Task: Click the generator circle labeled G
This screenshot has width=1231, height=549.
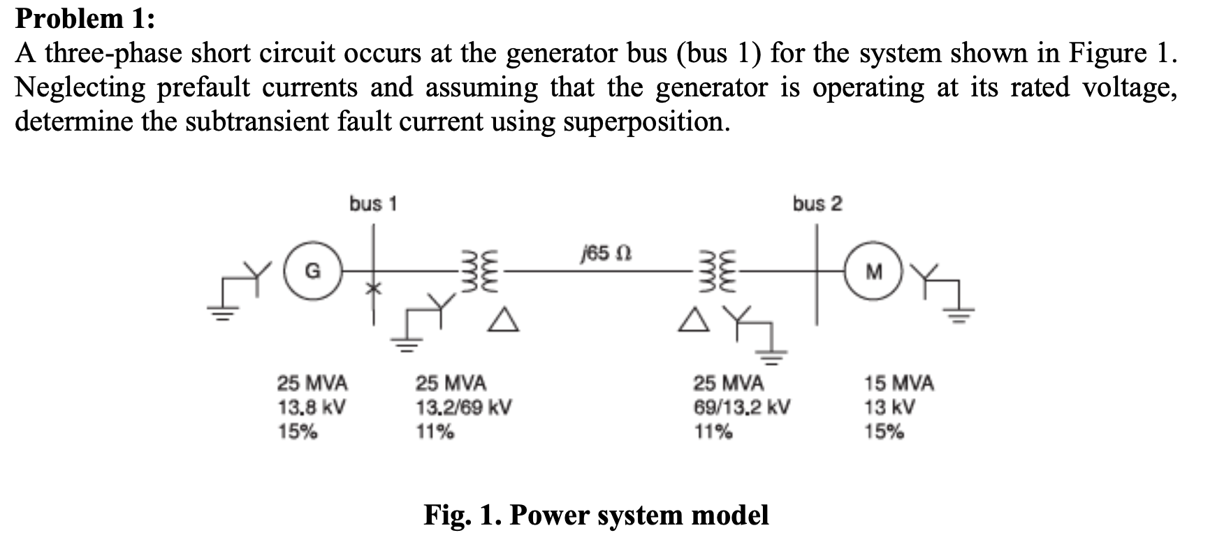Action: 314,270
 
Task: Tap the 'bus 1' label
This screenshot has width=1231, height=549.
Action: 373,204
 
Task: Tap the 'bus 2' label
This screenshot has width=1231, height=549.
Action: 817,204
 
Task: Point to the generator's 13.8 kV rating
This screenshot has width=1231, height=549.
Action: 312,407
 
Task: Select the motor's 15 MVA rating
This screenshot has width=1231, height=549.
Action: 898,383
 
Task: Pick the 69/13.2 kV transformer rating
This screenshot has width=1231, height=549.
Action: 742,407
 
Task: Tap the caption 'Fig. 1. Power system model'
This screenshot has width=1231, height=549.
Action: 596,515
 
